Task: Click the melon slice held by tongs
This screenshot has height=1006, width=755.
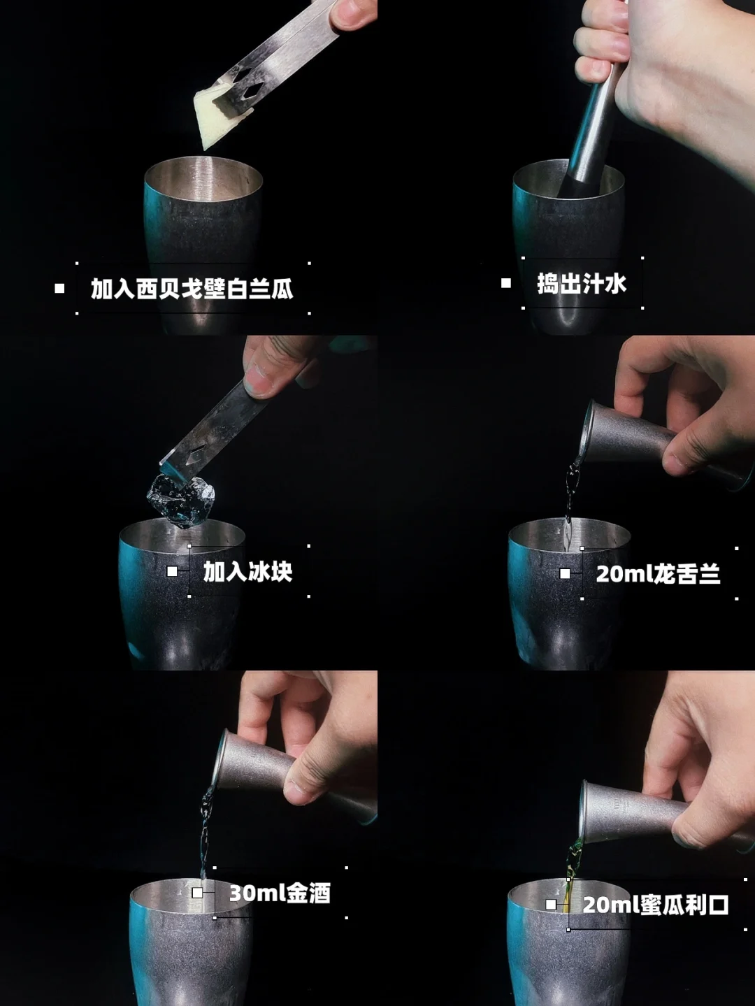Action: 215,115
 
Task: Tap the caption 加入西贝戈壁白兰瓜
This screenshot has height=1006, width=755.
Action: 192,289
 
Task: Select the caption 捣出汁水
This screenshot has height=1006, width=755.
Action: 582,283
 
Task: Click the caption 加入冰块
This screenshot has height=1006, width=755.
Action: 248,572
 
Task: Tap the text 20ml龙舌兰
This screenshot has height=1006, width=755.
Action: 659,574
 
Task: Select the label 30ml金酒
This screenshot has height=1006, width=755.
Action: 280,902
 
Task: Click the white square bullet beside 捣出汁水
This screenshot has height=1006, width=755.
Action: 505,283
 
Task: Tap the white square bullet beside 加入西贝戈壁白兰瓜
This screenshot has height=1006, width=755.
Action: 59,288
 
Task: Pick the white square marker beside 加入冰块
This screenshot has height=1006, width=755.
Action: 172,572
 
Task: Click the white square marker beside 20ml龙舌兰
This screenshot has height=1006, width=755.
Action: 565,573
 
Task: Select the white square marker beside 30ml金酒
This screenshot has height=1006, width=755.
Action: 197,901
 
